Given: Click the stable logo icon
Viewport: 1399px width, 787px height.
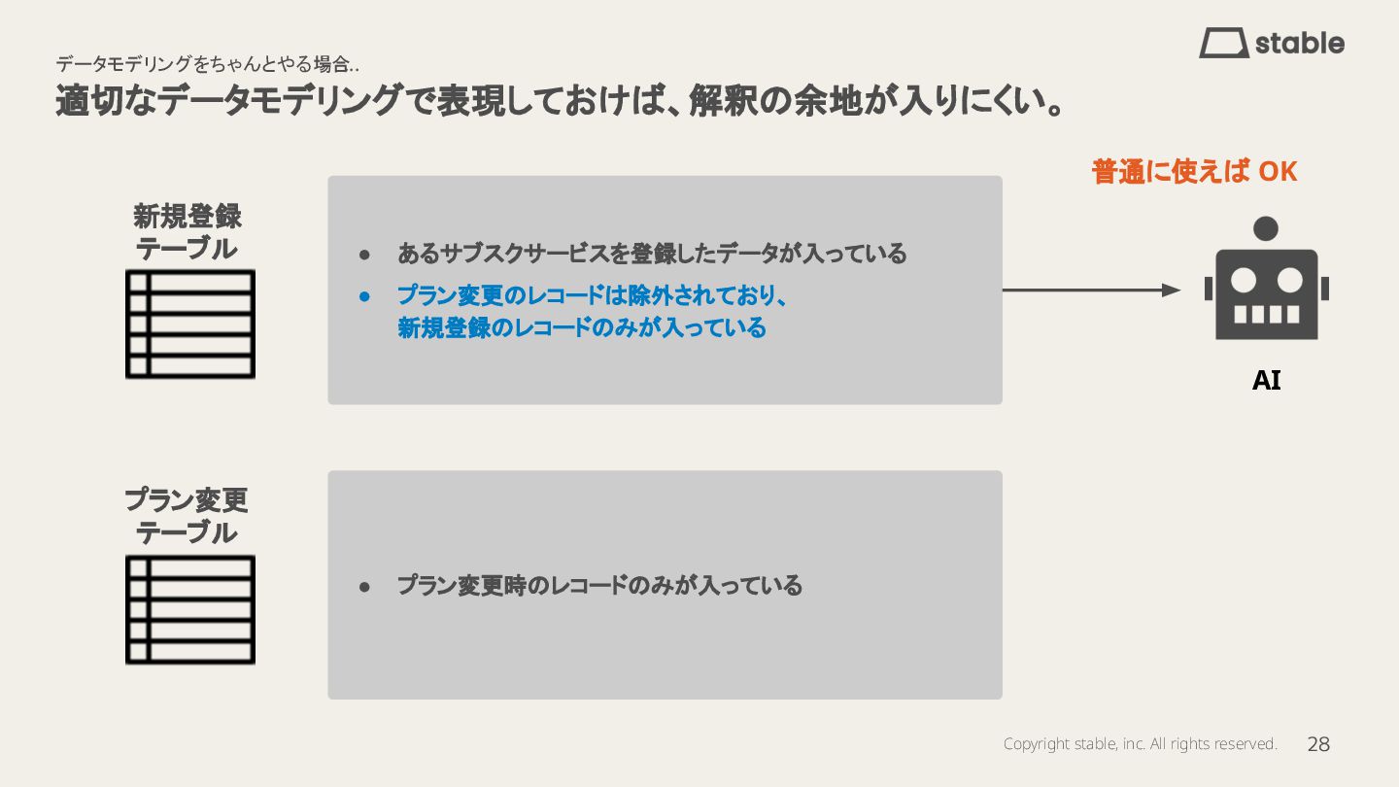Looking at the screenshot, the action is tap(1224, 43).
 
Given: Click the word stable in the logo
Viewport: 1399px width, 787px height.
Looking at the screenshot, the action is tap(1300, 44).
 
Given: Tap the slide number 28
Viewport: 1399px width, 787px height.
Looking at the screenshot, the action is tap(1318, 744).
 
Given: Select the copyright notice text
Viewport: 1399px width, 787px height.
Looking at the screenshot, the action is tap(1140, 744).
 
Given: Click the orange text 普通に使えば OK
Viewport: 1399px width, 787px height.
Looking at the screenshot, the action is tap(1194, 172).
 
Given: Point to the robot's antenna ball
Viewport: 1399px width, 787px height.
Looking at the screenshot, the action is tap(1266, 228).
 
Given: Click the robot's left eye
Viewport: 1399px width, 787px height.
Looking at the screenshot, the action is tap(1244, 281).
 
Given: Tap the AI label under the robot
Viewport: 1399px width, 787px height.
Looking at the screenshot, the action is tap(1266, 381).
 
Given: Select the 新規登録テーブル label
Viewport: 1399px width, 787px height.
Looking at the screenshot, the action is tap(187, 231).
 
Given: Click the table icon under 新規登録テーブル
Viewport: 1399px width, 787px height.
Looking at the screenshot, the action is tap(190, 324).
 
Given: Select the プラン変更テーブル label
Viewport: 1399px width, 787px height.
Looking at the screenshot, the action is tap(187, 516).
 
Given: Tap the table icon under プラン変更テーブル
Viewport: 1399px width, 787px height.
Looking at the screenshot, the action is tap(190, 609).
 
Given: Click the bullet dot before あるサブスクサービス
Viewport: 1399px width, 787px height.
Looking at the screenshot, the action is tap(365, 255).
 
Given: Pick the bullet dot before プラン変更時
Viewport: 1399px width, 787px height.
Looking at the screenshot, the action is tap(365, 587).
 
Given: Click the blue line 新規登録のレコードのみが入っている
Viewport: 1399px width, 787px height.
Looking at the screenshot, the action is tap(582, 328).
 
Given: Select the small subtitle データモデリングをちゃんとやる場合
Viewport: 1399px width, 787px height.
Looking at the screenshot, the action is tap(207, 65).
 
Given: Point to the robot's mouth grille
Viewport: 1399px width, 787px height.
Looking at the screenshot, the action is tap(1266, 314).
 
